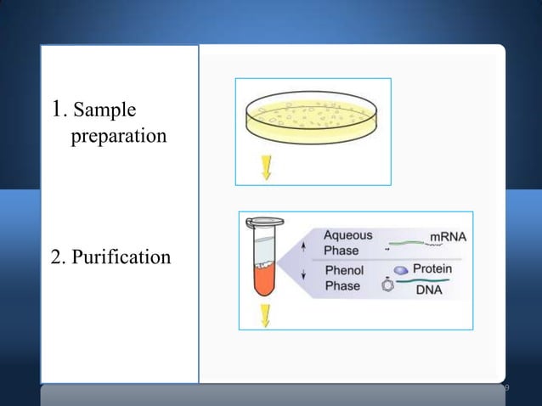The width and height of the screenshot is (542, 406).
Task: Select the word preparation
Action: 118,135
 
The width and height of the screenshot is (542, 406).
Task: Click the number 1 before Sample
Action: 58,110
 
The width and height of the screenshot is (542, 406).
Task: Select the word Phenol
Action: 344,270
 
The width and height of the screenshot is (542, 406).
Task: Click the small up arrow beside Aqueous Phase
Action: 305,245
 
